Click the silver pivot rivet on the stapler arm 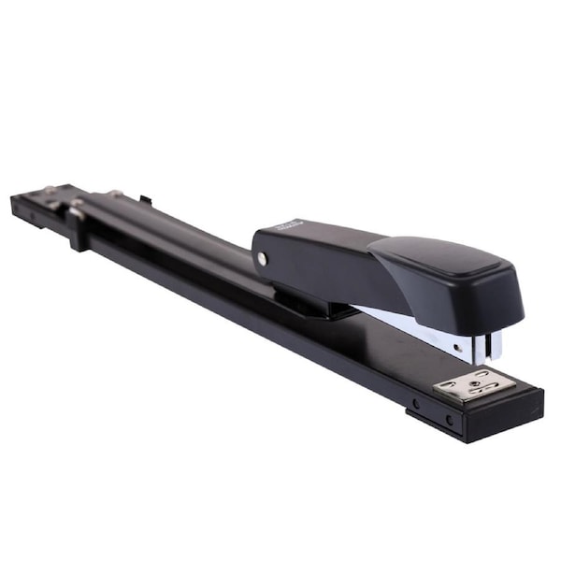[x=262, y=258]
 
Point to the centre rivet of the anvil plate [x=474, y=383]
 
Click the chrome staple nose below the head [x=487, y=347]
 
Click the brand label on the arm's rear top [x=291, y=225]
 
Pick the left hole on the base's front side [x=415, y=404]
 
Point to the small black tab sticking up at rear [x=145, y=199]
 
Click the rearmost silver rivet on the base [x=47, y=192]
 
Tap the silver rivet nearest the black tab [x=115, y=194]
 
